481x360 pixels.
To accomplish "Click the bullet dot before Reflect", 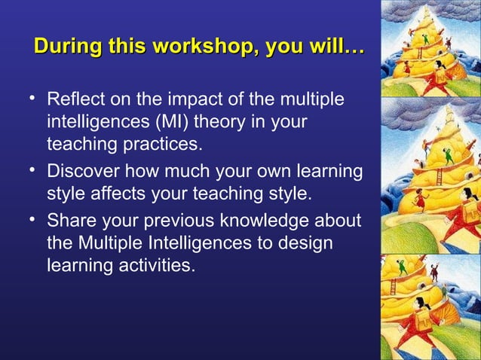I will point(33,98).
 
